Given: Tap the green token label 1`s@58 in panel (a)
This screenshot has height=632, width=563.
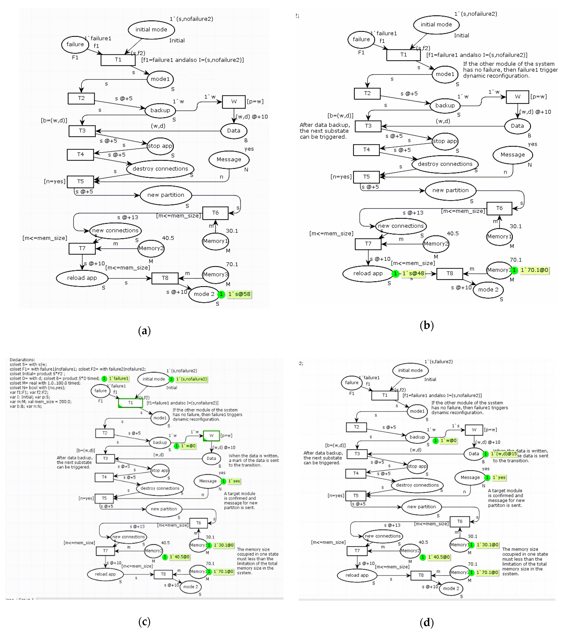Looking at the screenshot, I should tap(239, 294).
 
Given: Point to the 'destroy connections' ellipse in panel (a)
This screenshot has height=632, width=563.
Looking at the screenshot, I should tap(160, 168).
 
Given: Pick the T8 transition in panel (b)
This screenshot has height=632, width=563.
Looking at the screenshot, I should tap(449, 273).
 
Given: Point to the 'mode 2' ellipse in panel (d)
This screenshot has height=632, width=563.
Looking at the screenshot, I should tap(451, 588).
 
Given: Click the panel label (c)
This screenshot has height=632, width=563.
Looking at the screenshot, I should tap(144, 621).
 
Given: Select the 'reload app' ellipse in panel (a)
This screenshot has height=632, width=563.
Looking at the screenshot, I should tap(82, 278).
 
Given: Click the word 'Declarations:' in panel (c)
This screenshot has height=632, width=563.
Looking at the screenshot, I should tap(22, 360).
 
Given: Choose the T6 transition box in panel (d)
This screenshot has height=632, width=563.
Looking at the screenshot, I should tap(460, 521).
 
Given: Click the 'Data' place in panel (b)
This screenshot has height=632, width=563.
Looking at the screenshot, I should tap(517, 126).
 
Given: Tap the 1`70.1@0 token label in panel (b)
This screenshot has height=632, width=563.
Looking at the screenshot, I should tap(534, 270).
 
